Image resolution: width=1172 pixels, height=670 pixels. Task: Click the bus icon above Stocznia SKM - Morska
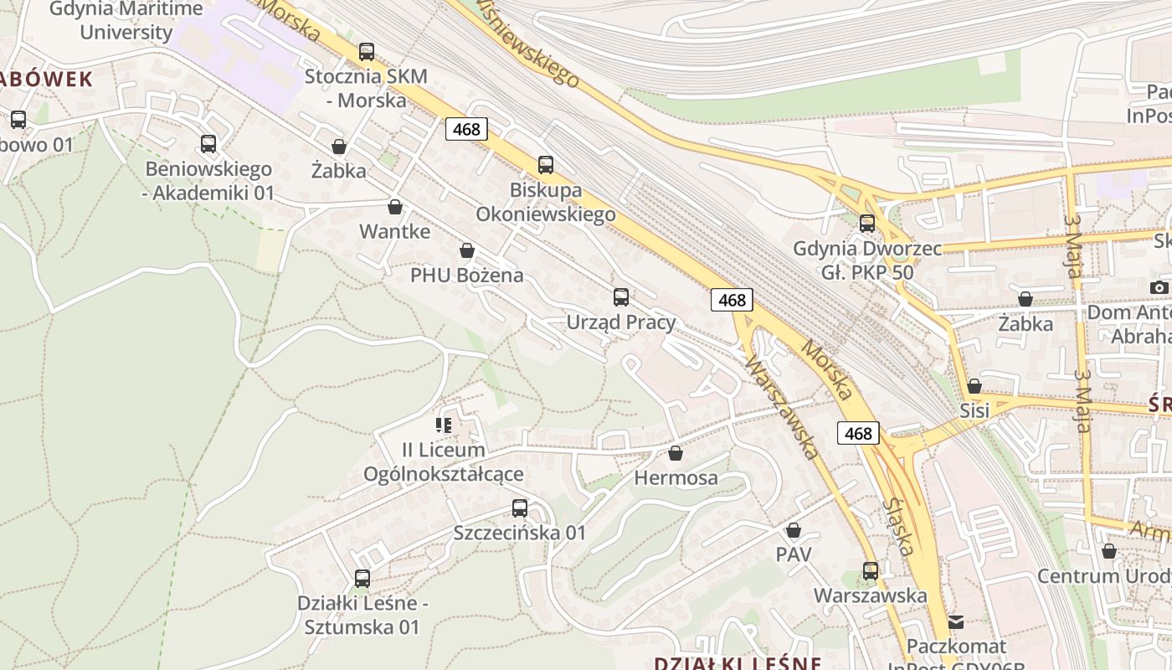pyautogui.click(x=367, y=52)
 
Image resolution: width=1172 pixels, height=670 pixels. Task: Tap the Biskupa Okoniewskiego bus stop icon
pyautogui.click(x=546, y=165)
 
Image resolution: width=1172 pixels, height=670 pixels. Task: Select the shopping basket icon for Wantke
pyautogui.click(x=395, y=206)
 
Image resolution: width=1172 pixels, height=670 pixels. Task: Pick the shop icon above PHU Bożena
pyautogui.click(x=467, y=250)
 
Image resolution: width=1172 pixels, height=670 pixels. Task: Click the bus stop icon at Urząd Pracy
pyautogui.click(x=621, y=296)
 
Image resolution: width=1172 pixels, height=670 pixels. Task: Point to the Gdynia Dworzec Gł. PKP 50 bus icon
pyautogui.click(x=867, y=224)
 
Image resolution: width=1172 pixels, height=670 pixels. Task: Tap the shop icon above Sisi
pyautogui.click(x=974, y=386)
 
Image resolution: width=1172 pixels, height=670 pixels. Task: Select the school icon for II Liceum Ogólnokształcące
pyautogui.click(x=444, y=425)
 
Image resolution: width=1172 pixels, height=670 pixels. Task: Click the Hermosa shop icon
pyautogui.click(x=676, y=453)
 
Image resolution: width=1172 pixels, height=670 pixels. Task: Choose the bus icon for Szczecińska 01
pyautogui.click(x=520, y=508)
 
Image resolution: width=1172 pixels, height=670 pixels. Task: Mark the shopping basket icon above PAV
pyautogui.click(x=794, y=530)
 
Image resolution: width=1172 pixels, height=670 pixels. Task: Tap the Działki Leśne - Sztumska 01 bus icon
pyautogui.click(x=362, y=578)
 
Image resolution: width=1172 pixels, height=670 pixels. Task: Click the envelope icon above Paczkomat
pyautogui.click(x=956, y=622)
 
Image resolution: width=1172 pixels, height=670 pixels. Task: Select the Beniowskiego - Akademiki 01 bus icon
pyautogui.click(x=208, y=144)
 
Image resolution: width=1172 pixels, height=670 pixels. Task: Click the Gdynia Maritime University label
pyautogui.click(x=126, y=21)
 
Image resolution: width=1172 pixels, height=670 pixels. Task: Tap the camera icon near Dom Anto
pyautogui.click(x=1159, y=287)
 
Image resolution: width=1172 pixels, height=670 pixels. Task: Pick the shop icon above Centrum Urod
pyautogui.click(x=1109, y=551)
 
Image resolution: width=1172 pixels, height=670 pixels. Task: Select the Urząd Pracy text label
pyautogui.click(x=621, y=322)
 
